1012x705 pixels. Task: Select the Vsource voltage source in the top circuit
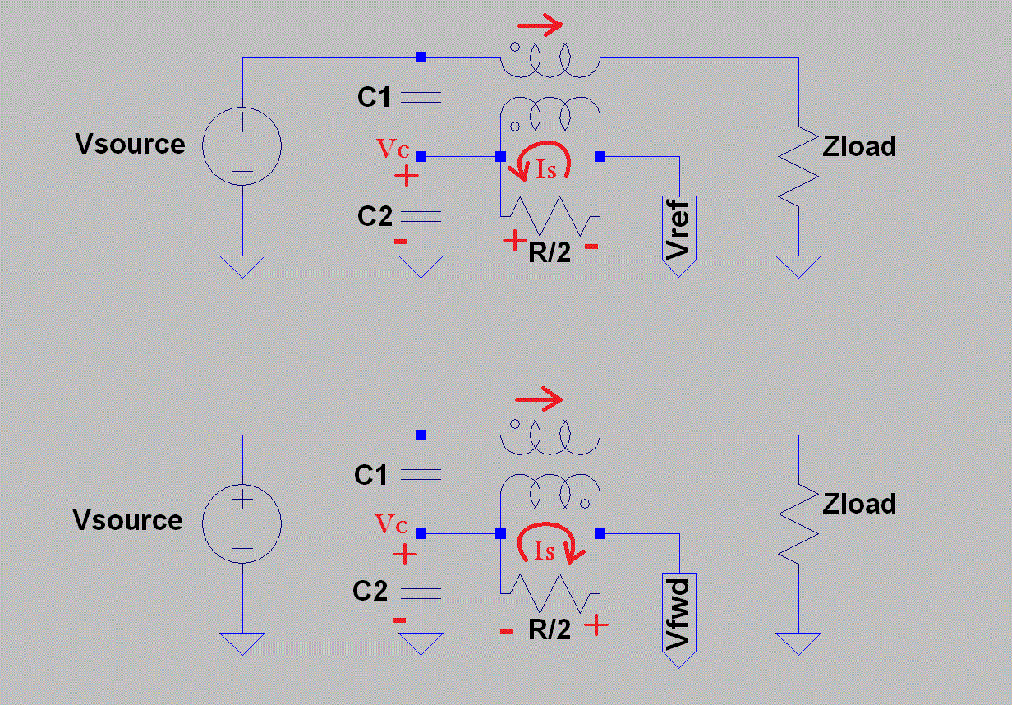(242, 148)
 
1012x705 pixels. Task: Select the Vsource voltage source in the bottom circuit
(242, 523)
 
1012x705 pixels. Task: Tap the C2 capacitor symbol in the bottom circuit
(421, 592)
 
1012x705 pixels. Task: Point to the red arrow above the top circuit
(539, 24)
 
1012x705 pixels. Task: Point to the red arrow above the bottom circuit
(539, 400)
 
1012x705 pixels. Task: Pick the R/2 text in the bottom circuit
(550, 629)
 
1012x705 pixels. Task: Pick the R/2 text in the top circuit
(550, 252)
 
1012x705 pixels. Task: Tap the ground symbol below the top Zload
(798, 265)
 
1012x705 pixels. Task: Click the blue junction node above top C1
(421, 57)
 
